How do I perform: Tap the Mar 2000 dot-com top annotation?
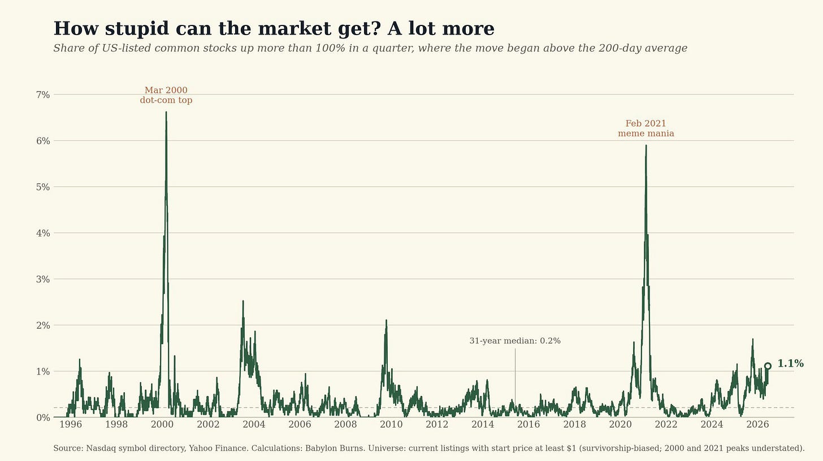click(166, 95)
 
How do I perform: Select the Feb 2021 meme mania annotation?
click(646, 128)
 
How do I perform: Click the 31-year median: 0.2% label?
click(515, 341)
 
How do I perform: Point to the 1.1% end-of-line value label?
click(790, 364)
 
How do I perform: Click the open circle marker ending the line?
click(768, 366)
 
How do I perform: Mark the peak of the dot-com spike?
click(166, 112)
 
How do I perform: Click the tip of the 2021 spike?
click(646, 145)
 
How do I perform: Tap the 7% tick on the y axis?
click(43, 95)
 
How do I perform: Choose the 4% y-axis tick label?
click(43, 233)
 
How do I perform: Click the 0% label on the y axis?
click(43, 417)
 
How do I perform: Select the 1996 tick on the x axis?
click(71, 425)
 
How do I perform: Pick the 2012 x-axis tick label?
click(437, 425)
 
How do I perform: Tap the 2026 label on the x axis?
click(757, 425)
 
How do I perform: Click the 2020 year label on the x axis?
click(620, 425)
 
